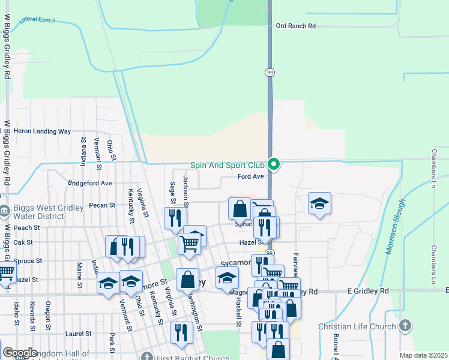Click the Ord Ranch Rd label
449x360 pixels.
click(x=295, y=26)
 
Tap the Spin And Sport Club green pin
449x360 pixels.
click(x=274, y=163)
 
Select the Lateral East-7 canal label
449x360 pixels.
click(x=37, y=20)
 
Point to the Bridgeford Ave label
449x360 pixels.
click(x=90, y=183)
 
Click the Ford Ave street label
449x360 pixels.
click(x=251, y=176)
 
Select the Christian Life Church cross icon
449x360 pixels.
click(x=405, y=326)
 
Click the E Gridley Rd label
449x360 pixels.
click(x=368, y=291)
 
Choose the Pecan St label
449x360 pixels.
click(x=102, y=205)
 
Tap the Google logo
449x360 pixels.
click(x=20, y=353)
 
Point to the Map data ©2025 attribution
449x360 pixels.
click(x=423, y=355)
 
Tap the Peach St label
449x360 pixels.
click(x=26, y=228)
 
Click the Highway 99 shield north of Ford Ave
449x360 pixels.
click(x=270, y=72)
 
